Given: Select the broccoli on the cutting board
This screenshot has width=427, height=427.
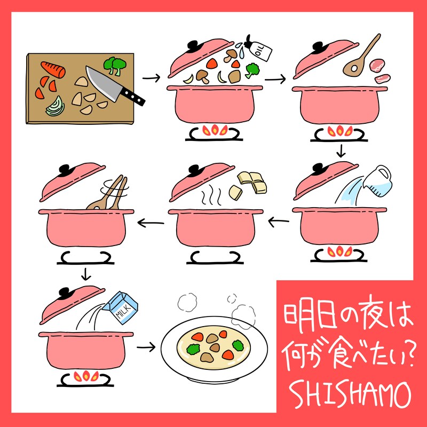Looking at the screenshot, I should [x=115, y=65].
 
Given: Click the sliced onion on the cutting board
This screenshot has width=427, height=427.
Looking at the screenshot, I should [x=56, y=108].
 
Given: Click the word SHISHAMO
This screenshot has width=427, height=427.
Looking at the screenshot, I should [x=349, y=394].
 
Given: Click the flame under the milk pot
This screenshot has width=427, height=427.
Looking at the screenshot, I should [x=85, y=376].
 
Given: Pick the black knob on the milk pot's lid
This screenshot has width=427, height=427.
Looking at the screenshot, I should [x=65, y=292].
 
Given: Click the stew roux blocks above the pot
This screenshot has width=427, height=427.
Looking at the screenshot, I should [x=251, y=183].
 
